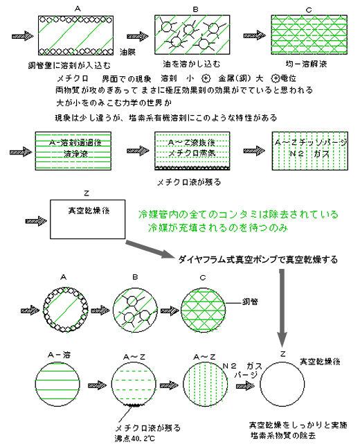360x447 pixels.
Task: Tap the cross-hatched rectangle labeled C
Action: [x=298, y=34]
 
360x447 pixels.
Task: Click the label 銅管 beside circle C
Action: [x=249, y=303]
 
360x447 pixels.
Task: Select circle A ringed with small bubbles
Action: [x=68, y=305]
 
